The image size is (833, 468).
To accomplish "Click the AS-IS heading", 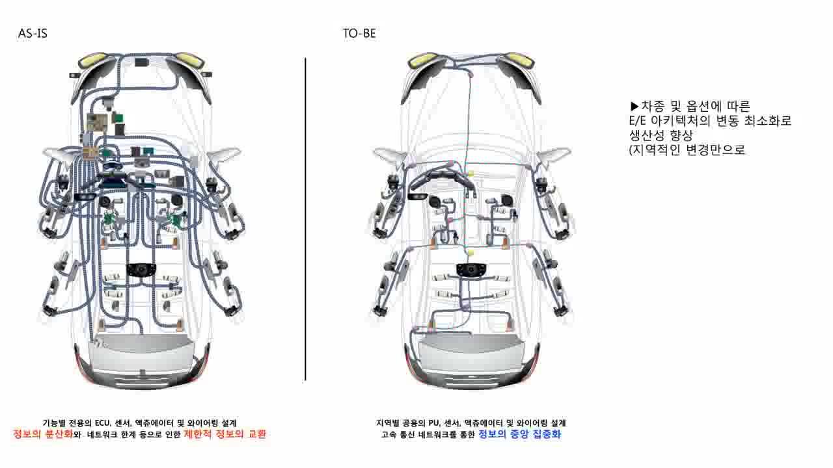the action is click(x=33, y=34).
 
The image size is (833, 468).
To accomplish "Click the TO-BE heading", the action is click(x=359, y=34).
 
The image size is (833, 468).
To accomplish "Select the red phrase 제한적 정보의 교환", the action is click(x=225, y=434).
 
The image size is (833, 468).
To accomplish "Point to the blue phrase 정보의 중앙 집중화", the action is click(x=519, y=434).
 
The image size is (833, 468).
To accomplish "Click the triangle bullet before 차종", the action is click(x=635, y=106).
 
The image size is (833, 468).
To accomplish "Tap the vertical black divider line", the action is click(x=305, y=218).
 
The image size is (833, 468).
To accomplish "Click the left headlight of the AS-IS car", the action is click(x=91, y=61).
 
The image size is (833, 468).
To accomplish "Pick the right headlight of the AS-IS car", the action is click(x=191, y=60).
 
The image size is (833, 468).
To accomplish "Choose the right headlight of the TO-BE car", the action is click(x=521, y=60).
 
